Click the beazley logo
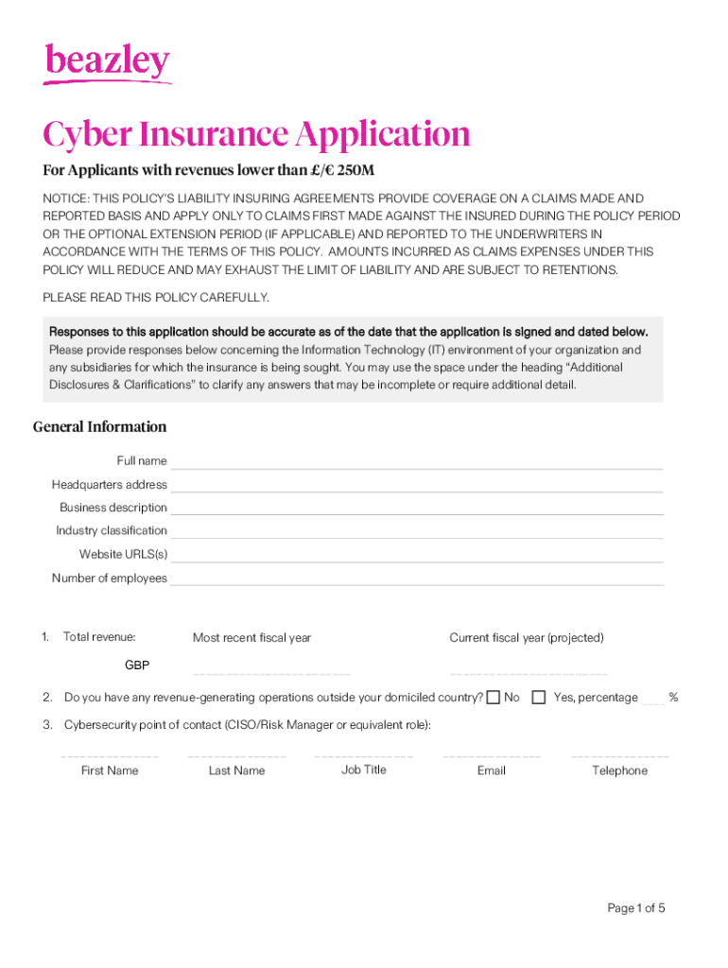click(107, 63)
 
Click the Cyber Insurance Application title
click(256, 135)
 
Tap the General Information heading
click(99, 426)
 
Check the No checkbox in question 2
click(493, 698)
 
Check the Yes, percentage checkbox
click(539, 698)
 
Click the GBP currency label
click(137, 665)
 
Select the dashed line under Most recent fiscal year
click(271, 673)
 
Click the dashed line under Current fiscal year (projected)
click(529, 673)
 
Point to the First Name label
click(110, 770)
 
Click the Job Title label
click(364, 769)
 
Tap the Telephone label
click(619, 770)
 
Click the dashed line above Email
click(491, 757)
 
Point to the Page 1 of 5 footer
click(636, 908)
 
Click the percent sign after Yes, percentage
click(673, 698)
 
